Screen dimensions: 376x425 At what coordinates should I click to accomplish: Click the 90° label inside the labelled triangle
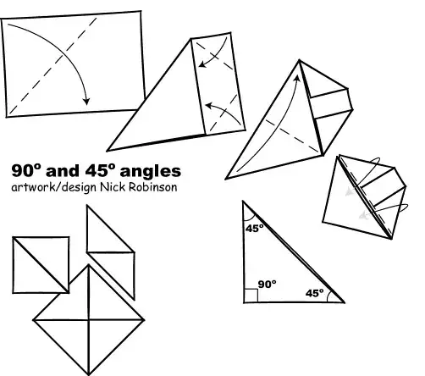(267, 285)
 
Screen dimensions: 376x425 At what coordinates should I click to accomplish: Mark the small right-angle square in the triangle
(250, 296)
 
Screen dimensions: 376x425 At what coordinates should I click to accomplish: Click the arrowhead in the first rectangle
(86, 102)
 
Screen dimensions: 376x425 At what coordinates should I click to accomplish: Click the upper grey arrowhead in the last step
(350, 193)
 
